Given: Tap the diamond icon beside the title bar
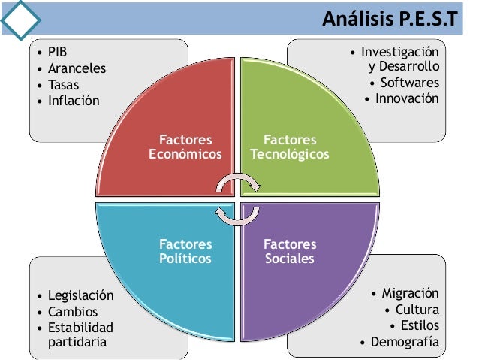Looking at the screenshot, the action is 20,17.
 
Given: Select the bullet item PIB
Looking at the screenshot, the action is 57,53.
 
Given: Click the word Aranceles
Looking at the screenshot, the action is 77,68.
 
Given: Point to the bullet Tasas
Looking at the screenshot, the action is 64,84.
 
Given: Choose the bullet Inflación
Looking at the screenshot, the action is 73,100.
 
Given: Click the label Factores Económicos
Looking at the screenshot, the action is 185,147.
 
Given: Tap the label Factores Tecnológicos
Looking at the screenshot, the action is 290,147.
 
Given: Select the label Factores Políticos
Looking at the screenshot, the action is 185,252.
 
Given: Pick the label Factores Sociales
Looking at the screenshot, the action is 290,252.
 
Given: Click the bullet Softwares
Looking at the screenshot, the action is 409,83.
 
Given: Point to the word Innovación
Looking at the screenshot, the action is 407,98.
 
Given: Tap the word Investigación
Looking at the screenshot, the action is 399,53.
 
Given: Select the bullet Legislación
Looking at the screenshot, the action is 80,295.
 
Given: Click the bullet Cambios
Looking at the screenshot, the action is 73,311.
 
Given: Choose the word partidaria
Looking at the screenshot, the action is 78,342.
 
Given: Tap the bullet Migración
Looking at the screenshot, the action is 410,293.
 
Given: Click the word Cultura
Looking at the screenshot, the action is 417,310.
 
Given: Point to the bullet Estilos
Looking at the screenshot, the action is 420,325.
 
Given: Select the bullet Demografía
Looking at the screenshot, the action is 405,342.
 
